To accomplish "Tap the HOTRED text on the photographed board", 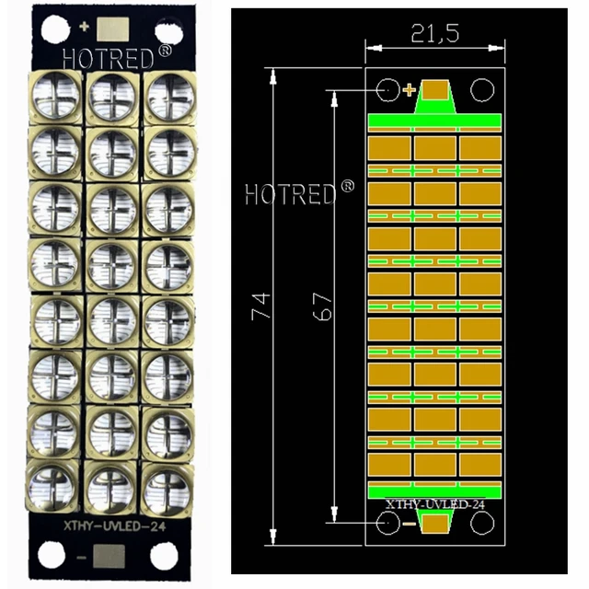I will click(x=104, y=56).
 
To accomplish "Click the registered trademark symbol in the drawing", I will click(x=347, y=187).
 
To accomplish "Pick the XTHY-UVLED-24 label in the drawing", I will click(x=434, y=505).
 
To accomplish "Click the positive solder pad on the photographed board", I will click(x=114, y=29).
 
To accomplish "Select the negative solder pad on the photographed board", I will click(x=111, y=558).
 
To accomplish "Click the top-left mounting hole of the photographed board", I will click(x=51, y=29).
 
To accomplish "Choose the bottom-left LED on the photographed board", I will click(x=56, y=485).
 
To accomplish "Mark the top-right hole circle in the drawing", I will click(x=480, y=89).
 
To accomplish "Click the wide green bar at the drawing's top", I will click(x=435, y=121).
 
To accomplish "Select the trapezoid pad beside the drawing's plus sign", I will click(x=436, y=91).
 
